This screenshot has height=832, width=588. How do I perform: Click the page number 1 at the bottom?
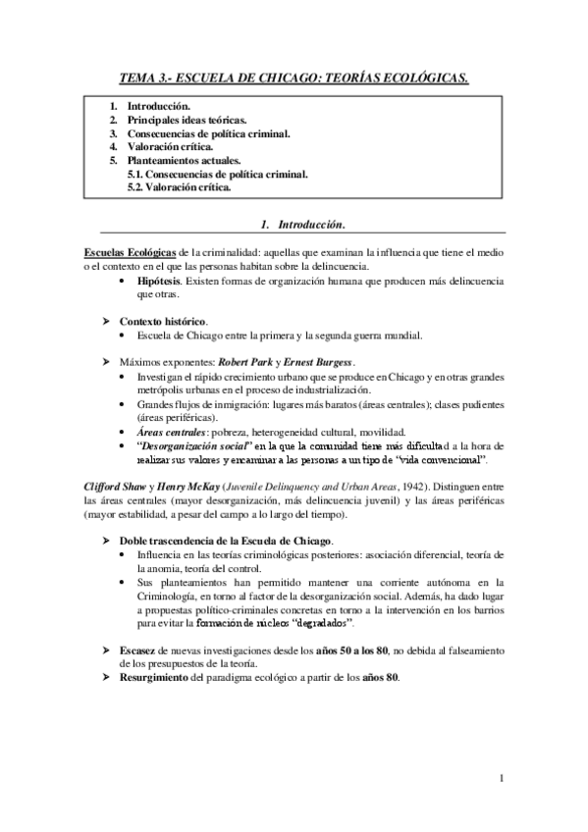502,779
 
